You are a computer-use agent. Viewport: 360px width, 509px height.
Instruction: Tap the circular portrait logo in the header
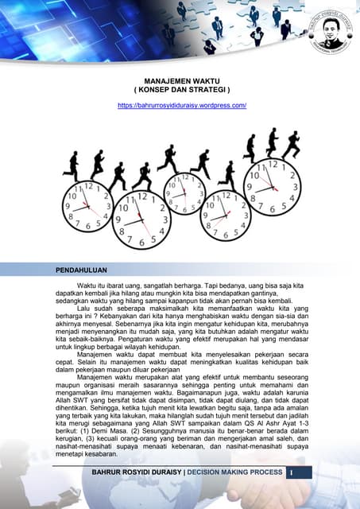pos(328,25)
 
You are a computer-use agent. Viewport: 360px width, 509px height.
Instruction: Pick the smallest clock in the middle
pos(184,195)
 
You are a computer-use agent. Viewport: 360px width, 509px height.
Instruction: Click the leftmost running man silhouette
pos(72,165)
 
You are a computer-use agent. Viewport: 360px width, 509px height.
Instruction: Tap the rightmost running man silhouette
pos(291,144)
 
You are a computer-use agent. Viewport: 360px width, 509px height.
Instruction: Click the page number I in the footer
pos(292,474)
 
